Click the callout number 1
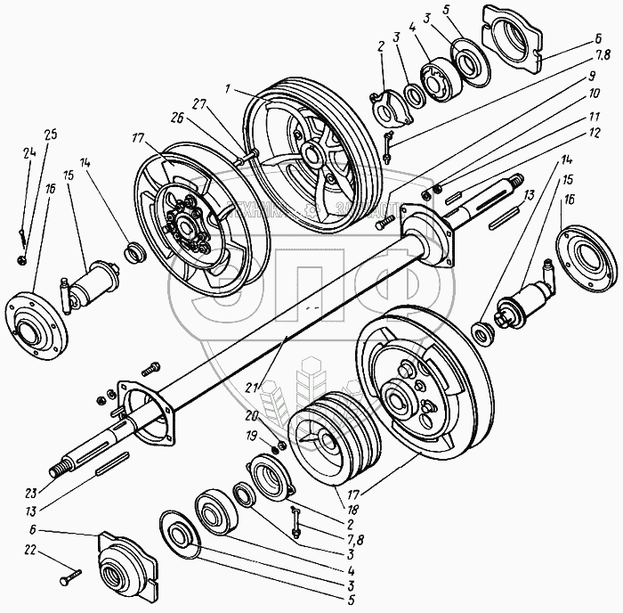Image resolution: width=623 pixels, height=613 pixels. [229, 90]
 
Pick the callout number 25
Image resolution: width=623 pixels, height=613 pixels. [49, 135]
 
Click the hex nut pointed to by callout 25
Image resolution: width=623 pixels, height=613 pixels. [21, 260]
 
